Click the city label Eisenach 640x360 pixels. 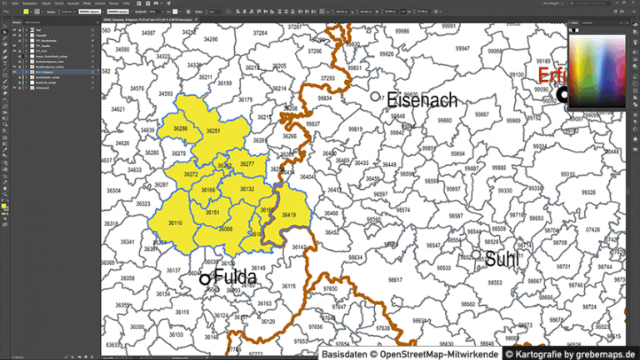(422, 101)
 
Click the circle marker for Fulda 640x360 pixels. (204, 279)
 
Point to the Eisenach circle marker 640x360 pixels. (376, 97)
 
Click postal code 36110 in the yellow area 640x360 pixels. (176, 223)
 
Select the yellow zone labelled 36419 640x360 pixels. (289, 215)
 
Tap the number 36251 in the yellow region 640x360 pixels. (213, 132)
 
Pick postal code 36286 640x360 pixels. (181, 129)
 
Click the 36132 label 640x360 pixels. (247, 190)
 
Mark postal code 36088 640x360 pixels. (226, 229)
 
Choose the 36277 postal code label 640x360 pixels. (247, 164)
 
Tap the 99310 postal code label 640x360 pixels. (567, 173)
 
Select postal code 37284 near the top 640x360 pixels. (260, 33)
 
